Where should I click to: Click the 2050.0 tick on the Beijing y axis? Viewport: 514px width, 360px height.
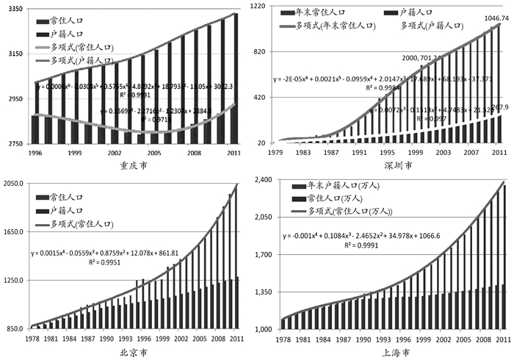point(14,183)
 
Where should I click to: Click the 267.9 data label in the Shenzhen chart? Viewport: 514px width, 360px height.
point(499,107)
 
